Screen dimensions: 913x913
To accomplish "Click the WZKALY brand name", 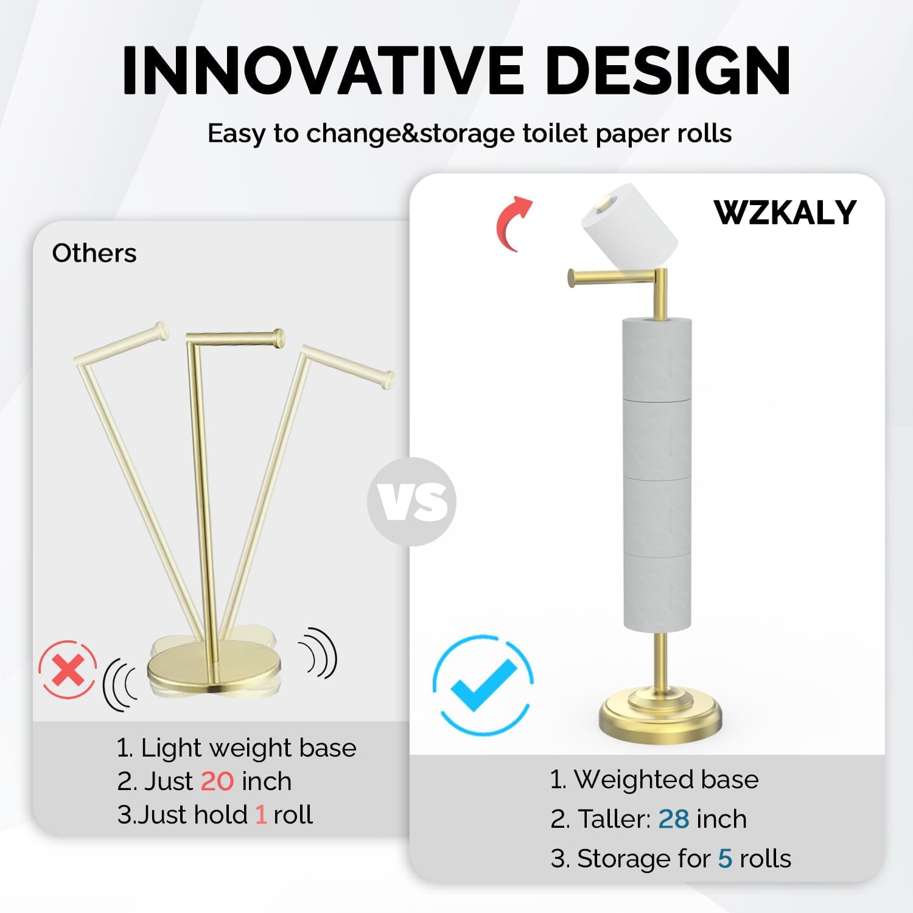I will tap(785, 212).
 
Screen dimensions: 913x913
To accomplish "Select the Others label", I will tap(94, 253).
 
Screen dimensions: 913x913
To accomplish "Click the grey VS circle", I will tap(411, 502).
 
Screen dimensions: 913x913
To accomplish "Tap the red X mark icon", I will tap(68, 670).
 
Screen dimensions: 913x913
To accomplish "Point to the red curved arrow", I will tap(513, 222).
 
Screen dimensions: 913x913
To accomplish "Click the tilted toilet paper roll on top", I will tap(629, 225).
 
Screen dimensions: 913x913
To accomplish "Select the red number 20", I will tap(217, 782).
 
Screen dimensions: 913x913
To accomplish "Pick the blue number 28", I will tap(673, 819).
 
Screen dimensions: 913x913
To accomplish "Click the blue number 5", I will tap(724, 859).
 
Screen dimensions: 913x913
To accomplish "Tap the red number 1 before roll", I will tap(261, 815).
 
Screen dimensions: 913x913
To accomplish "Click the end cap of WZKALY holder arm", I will tap(572, 278).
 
